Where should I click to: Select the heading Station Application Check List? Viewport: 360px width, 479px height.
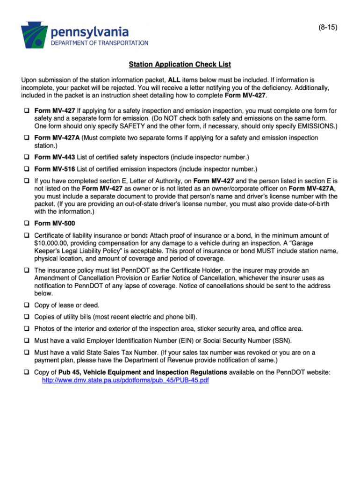180,64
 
